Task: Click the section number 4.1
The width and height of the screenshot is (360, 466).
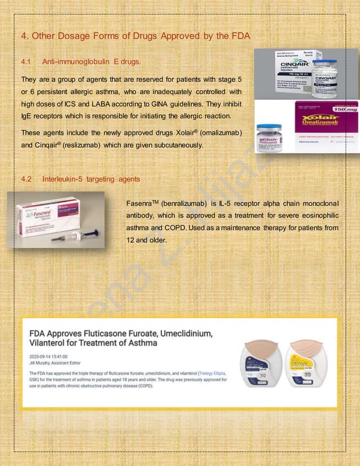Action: [25, 61]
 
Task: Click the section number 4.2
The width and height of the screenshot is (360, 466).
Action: [25, 179]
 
